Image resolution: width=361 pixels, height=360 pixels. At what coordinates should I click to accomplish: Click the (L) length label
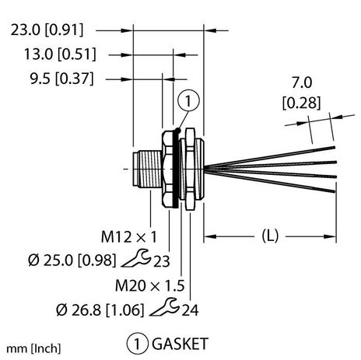pyautogui.click(x=268, y=234)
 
